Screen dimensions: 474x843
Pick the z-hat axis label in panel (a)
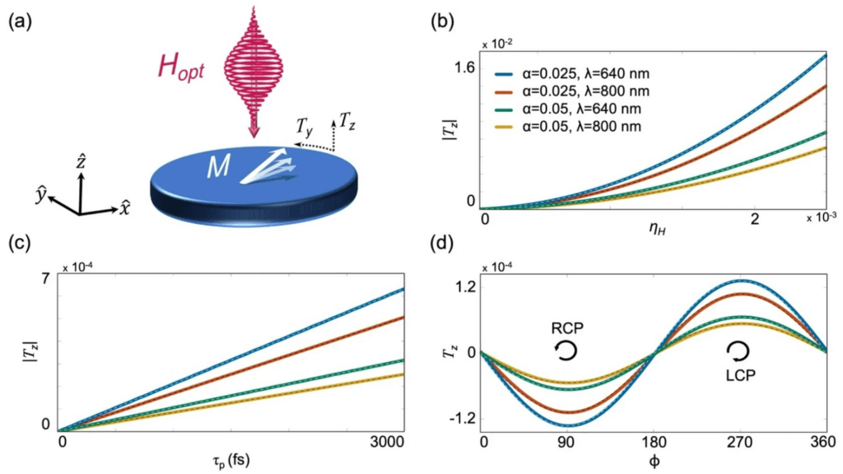point(80,160)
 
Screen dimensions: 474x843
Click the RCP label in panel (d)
point(569,328)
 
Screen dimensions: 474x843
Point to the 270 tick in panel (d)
point(737,443)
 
